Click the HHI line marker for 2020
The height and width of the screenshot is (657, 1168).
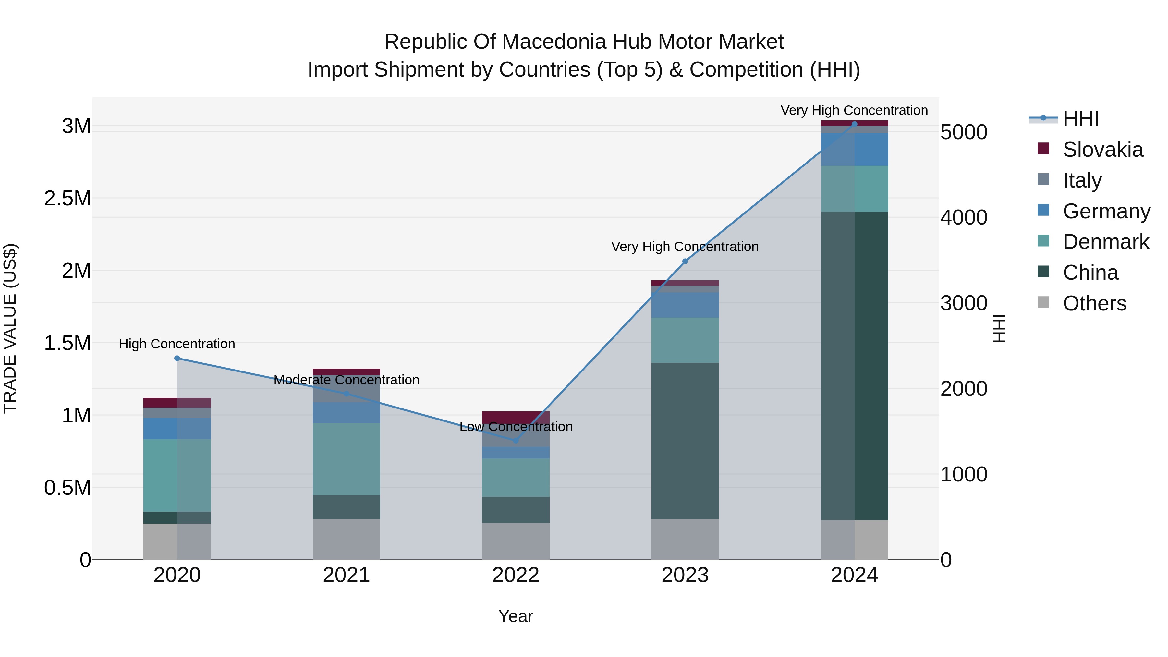pyautogui.click(x=177, y=358)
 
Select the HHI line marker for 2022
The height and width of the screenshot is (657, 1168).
pyautogui.click(x=516, y=440)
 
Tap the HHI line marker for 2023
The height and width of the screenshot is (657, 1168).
pyautogui.click(x=685, y=261)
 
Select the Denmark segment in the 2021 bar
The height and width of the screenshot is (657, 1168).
pyautogui.click(x=347, y=459)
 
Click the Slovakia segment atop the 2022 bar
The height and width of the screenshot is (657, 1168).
pyautogui.click(x=516, y=417)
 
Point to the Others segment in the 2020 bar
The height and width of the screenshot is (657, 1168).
pyautogui.click(x=177, y=541)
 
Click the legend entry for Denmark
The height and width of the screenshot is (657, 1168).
pyautogui.click(x=1105, y=242)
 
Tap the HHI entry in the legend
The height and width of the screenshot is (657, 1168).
pyautogui.click(x=1080, y=119)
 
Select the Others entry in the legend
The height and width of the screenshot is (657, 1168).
pyautogui.click(x=1094, y=303)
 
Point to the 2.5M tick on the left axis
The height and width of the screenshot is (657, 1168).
pyautogui.click(x=67, y=199)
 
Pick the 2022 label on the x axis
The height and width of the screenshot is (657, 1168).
pyautogui.click(x=516, y=575)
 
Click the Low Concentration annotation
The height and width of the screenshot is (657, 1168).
pyautogui.click(x=516, y=427)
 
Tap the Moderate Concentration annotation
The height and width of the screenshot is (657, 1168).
pyautogui.click(x=347, y=380)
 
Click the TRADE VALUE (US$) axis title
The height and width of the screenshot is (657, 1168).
pyautogui.click(x=10, y=328)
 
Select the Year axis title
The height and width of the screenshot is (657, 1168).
pyautogui.click(x=516, y=616)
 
